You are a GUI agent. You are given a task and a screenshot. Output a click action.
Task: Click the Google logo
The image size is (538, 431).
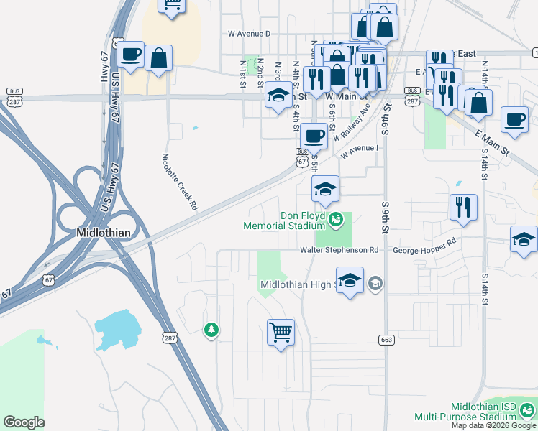pyautogui.click(x=24, y=422)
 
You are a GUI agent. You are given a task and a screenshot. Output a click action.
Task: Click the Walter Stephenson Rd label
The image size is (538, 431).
pyautogui.click(x=339, y=250)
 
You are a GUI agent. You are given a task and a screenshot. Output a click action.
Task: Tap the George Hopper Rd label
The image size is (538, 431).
pyautogui.click(x=425, y=247)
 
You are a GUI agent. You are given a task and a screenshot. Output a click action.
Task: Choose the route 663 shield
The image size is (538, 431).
pyautogui.click(x=385, y=338)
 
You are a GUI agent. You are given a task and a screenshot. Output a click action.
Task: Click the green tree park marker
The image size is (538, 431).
pyautogui.click(x=211, y=330)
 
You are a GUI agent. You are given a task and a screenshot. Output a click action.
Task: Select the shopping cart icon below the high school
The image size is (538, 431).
pyautogui.click(x=281, y=333)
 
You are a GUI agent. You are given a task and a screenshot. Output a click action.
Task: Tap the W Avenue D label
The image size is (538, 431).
pyautogui.click(x=248, y=33)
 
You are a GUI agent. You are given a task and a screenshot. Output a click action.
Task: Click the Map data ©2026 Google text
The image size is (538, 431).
pyautogui.click(x=493, y=425)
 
